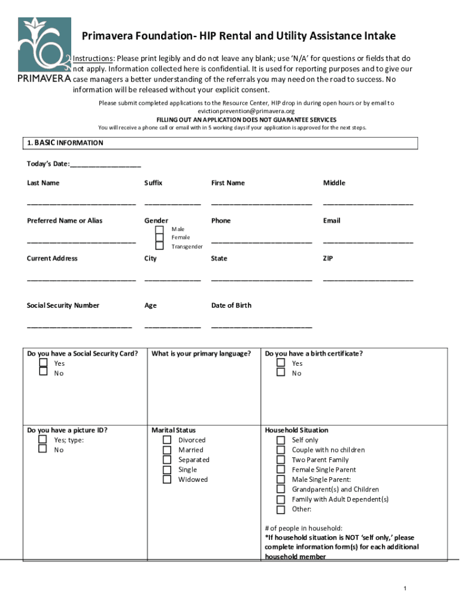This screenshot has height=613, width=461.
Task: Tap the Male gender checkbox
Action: click(x=159, y=230)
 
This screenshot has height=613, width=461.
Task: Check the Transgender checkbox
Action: click(x=159, y=245)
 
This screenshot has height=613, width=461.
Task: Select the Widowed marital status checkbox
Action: click(x=167, y=480)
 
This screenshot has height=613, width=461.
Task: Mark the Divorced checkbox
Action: click(x=167, y=440)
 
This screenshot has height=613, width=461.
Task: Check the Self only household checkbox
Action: click(x=281, y=440)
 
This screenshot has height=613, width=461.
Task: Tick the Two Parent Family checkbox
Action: click(x=281, y=460)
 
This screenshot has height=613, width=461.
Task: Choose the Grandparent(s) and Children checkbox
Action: click(x=281, y=490)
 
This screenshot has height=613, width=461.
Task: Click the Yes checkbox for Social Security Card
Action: click(x=43, y=363)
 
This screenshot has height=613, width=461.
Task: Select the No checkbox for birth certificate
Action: click(x=281, y=372)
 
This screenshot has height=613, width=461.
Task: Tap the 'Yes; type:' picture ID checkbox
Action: click(x=43, y=439)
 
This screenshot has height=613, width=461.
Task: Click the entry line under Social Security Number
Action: click(x=79, y=326)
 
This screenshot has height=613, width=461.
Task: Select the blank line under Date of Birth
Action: click(x=261, y=326)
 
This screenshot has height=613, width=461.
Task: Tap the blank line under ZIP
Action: click(x=368, y=280)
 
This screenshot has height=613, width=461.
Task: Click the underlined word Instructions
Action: click(x=93, y=59)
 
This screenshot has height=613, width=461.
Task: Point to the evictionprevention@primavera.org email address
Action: click(x=246, y=111)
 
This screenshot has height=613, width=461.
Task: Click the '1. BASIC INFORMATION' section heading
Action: click(x=65, y=143)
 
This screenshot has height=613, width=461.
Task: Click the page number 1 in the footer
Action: click(x=405, y=589)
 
